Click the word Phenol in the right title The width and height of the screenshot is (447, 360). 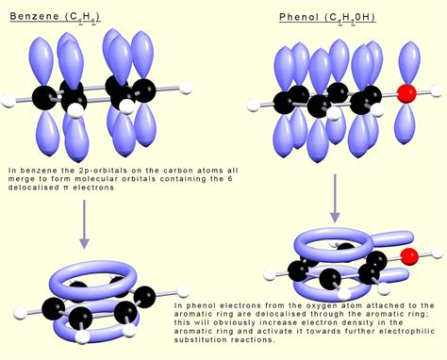[x=300, y=17]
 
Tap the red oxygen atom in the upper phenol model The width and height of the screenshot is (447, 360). [x=406, y=94]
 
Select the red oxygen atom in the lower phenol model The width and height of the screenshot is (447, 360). [x=408, y=255]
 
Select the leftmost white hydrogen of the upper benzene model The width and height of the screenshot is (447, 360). [x=7, y=95]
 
